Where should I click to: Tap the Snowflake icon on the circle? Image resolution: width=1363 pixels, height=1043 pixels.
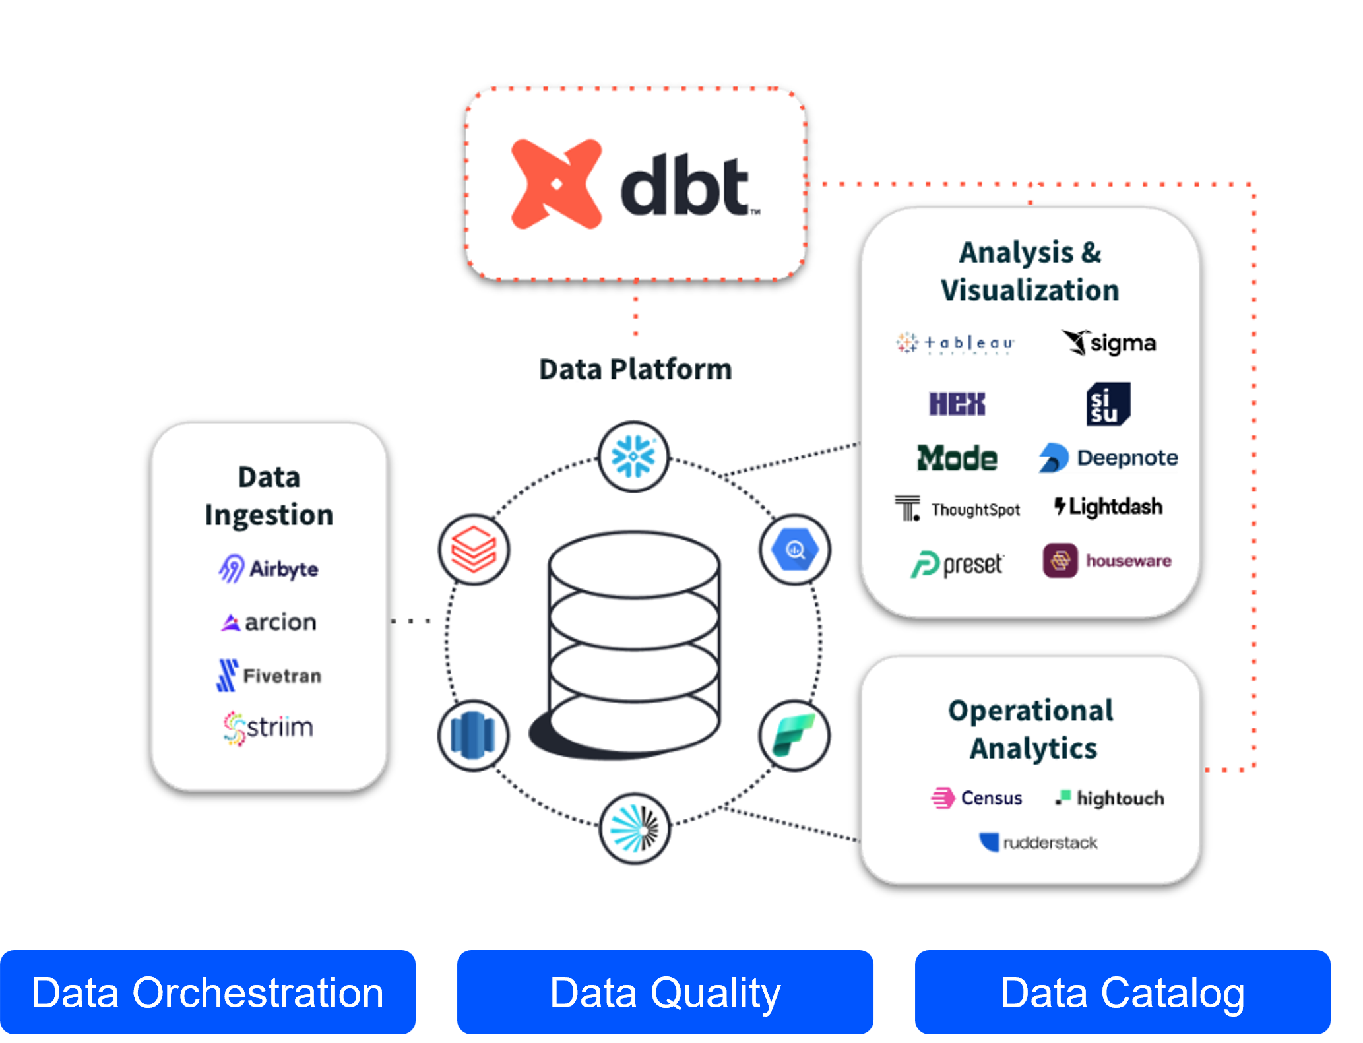tap(633, 457)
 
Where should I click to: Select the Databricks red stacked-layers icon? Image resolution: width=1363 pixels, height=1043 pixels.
tap(474, 550)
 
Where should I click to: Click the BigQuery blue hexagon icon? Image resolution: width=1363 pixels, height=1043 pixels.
tap(794, 550)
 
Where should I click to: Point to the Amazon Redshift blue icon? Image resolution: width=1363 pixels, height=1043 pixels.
tap(473, 735)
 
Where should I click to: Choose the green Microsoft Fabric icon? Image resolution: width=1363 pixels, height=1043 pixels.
tap(794, 735)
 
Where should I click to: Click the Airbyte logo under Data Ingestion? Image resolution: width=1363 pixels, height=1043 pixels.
tap(269, 569)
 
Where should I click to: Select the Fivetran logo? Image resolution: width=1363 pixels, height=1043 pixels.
tap(269, 676)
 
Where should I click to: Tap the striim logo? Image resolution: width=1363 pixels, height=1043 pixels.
tap(269, 728)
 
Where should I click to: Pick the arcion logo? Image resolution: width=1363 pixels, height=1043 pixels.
tap(269, 622)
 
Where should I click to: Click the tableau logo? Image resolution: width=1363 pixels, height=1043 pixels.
tap(955, 343)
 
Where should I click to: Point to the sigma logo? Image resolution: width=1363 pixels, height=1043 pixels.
tap(1109, 343)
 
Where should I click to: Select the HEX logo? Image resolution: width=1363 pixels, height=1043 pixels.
tap(957, 404)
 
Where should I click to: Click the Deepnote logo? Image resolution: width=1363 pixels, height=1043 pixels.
tap(1108, 458)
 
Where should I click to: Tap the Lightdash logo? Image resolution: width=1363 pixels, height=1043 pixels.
tap(1108, 507)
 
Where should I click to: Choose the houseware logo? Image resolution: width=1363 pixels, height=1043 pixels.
tap(1107, 561)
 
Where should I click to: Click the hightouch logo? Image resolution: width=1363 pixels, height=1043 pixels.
tap(1110, 798)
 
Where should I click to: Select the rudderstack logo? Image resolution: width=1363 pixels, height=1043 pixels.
tap(1038, 842)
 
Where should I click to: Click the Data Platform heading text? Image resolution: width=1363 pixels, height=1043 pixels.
tap(635, 369)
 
